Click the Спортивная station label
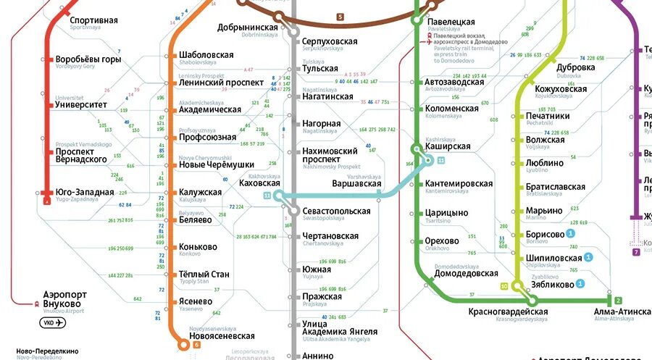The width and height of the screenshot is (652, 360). click(x=93, y=20)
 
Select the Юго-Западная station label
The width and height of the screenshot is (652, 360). click(x=84, y=192)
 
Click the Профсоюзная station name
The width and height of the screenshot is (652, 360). click(x=207, y=137)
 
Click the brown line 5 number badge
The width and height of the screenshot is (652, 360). click(x=340, y=17)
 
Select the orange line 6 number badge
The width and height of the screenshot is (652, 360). click(x=196, y=345)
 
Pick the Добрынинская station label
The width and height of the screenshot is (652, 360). click(x=248, y=28)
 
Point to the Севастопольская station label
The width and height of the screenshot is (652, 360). click(x=336, y=211)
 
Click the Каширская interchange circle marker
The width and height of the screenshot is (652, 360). click(x=416, y=149)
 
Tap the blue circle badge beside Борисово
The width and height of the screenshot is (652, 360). click(x=570, y=233)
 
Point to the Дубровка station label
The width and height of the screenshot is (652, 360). click(x=576, y=67)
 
